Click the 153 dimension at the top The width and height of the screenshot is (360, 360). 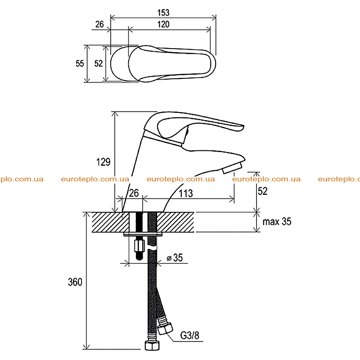(163, 13)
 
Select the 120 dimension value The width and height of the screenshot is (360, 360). (163, 24)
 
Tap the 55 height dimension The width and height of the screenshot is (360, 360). (80, 63)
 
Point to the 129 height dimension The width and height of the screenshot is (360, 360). (103, 162)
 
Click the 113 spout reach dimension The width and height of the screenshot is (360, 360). (186, 193)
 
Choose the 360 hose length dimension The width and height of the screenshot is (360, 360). (75, 282)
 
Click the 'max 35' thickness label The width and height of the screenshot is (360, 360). (277, 221)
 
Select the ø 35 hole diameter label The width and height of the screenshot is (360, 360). (175, 257)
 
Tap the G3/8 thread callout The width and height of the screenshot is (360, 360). (189, 335)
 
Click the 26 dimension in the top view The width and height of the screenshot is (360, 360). (99, 24)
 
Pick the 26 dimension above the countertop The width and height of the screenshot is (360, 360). (134, 193)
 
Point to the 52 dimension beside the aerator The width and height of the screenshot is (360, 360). (263, 191)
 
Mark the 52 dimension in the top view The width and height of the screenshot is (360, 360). (99, 63)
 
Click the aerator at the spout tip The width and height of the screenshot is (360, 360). (232, 168)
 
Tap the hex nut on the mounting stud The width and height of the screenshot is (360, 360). (139, 246)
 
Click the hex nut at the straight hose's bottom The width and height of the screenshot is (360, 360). (152, 346)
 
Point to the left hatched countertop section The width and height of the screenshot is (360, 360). (110, 222)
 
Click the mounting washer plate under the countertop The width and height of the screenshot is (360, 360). (143, 234)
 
